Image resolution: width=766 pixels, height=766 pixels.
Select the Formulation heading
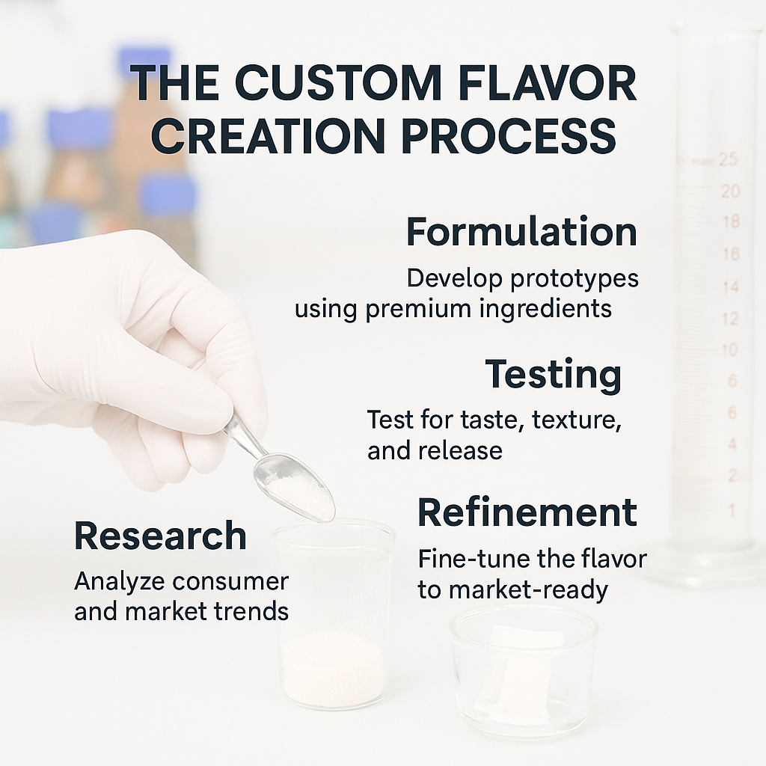(521, 232)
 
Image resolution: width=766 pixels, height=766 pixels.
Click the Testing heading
(553, 376)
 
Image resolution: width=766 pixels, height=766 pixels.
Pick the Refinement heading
(527, 512)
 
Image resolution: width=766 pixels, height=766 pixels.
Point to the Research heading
(160, 536)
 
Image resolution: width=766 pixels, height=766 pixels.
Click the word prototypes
(574, 280)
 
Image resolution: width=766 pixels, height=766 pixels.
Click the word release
(460, 450)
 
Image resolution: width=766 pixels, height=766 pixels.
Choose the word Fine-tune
(474, 560)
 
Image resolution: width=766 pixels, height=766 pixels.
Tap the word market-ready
(528, 591)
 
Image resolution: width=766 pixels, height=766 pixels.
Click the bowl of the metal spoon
(294, 486)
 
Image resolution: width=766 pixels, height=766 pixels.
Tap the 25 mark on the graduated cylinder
(728, 159)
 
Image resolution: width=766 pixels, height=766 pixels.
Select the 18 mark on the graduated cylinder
(732, 222)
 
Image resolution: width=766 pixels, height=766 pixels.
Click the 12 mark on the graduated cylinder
(730, 319)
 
